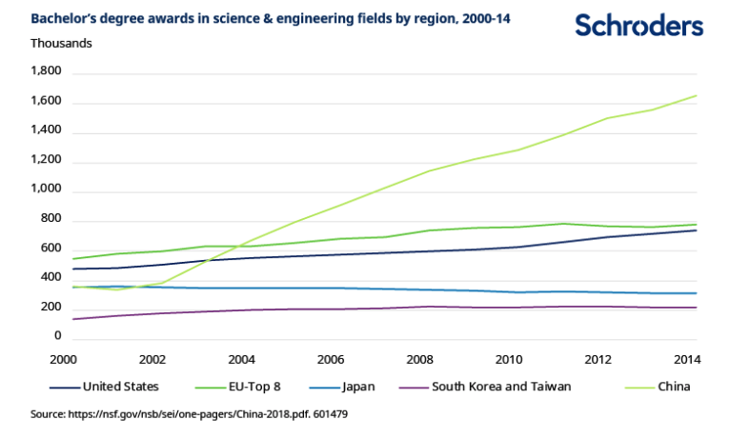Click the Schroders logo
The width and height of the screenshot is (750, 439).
tap(639, 26)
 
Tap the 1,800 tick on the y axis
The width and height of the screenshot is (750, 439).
tap(46, 71)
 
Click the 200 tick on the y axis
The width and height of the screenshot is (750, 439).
tap(51, 308)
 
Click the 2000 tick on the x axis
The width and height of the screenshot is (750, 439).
tap(63, 359)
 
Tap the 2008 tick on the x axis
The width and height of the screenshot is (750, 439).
tap(420, 359)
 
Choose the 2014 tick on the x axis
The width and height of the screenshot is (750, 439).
tap(687, 359)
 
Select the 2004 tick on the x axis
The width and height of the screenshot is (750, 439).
tap(242, 359)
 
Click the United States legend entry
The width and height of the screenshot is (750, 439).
tap(120, 387)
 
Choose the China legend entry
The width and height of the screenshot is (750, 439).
tap(672, 387)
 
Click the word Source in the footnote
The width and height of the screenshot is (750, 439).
tap(51, 415)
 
